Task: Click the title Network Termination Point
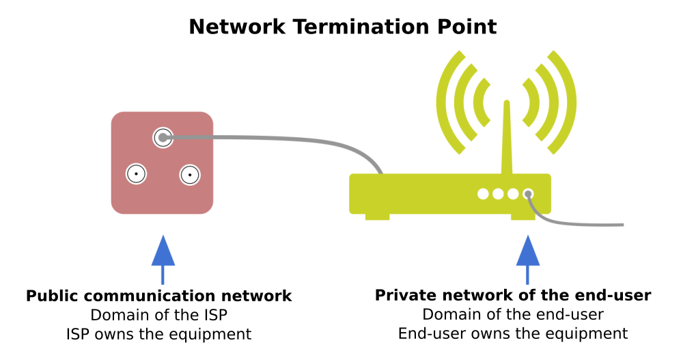pos(342,27)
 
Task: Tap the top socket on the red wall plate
pos(163,137)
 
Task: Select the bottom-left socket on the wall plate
pos(137,174)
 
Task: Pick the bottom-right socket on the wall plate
pos(190,175)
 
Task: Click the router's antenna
pos(507,137)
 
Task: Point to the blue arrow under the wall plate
pos(163,260)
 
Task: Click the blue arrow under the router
pos(528,260)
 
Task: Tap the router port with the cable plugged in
pos(528,194)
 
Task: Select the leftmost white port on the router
pos(483,194)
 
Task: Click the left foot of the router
pos(377,217)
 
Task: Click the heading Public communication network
pos(159,296)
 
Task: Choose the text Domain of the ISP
pos(159,315)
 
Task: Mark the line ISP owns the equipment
pos(159,334)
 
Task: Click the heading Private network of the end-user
pos(513,295)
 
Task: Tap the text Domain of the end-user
pos(513,314)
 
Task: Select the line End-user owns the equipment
pos(513,333)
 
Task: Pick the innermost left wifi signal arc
pos(480,102)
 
